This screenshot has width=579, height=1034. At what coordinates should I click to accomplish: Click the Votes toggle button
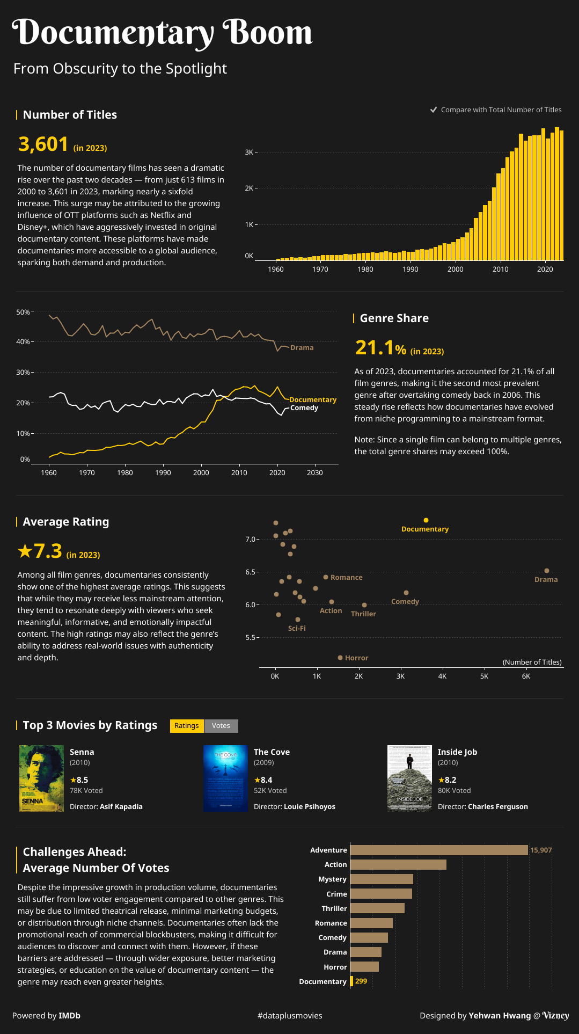pos(221,726)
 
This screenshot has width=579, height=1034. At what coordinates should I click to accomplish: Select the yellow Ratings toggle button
pos(187,726)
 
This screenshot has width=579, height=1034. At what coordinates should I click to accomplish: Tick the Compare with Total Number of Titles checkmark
pos(434,110)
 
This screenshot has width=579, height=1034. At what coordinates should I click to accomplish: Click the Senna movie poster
pos(41,778)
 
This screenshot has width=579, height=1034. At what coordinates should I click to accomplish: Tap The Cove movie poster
pos(225,778)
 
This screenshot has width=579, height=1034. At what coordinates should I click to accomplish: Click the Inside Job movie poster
pos(409,778)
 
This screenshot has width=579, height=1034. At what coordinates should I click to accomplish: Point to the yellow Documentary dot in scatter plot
pos(426,520)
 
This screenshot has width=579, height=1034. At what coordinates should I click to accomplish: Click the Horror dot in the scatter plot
pos(340,658)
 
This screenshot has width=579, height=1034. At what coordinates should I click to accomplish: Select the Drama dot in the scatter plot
pos(547,571)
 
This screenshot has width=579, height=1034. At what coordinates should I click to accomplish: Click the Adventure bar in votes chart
pos(439,850)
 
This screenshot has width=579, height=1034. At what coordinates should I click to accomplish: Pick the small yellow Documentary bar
pos(351,981)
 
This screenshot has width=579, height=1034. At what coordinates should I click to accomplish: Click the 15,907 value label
pos(541,850)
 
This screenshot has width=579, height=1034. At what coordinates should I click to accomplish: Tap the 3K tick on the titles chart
pos(249,152)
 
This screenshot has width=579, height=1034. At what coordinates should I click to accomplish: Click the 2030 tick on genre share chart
pos(315,473)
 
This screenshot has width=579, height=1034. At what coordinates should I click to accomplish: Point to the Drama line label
pos(302,348)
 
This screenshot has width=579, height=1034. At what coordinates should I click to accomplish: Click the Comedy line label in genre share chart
pos(304,408)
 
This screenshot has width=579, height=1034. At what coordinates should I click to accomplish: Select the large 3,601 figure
pos(43,144)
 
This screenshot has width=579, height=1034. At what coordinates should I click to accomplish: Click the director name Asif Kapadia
pos(121,807)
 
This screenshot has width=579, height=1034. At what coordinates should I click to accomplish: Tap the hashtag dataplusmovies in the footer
pos(290,1016)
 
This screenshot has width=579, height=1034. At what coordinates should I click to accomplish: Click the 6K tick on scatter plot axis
pos(526,676)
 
